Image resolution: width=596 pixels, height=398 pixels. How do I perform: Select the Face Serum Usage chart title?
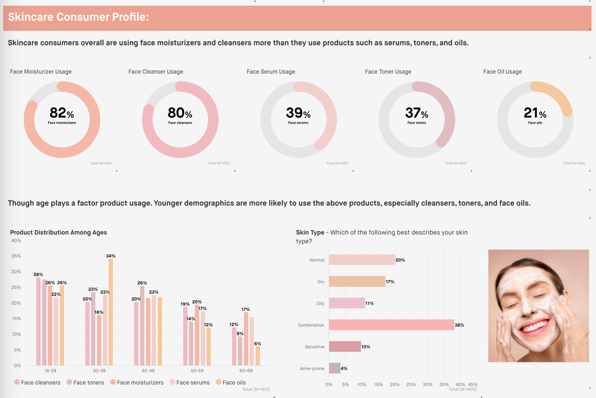point(271,72)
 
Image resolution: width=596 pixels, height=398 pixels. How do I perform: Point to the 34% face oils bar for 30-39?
point(111,311)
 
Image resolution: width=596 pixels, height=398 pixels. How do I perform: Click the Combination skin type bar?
point(391,325)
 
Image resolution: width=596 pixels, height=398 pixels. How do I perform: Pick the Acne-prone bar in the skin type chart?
point(335,368)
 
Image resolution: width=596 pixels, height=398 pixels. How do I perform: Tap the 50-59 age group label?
point(197,371)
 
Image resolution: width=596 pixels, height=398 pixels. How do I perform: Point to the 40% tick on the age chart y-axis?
point(16,240)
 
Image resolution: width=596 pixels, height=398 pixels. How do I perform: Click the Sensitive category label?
point(314,347)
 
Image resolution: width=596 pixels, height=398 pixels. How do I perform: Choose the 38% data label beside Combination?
point(459,325)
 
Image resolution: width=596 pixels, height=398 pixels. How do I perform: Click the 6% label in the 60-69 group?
point(257,344)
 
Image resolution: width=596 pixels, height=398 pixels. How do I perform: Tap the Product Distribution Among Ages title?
point(59,232)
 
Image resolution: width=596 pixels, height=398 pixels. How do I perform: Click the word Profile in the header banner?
point(129,17)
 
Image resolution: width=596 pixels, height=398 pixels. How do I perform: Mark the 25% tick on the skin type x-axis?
point(411,384)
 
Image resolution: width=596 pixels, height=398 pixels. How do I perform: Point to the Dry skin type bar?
point(357,281)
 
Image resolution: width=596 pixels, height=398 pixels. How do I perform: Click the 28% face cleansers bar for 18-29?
point(38,321)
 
